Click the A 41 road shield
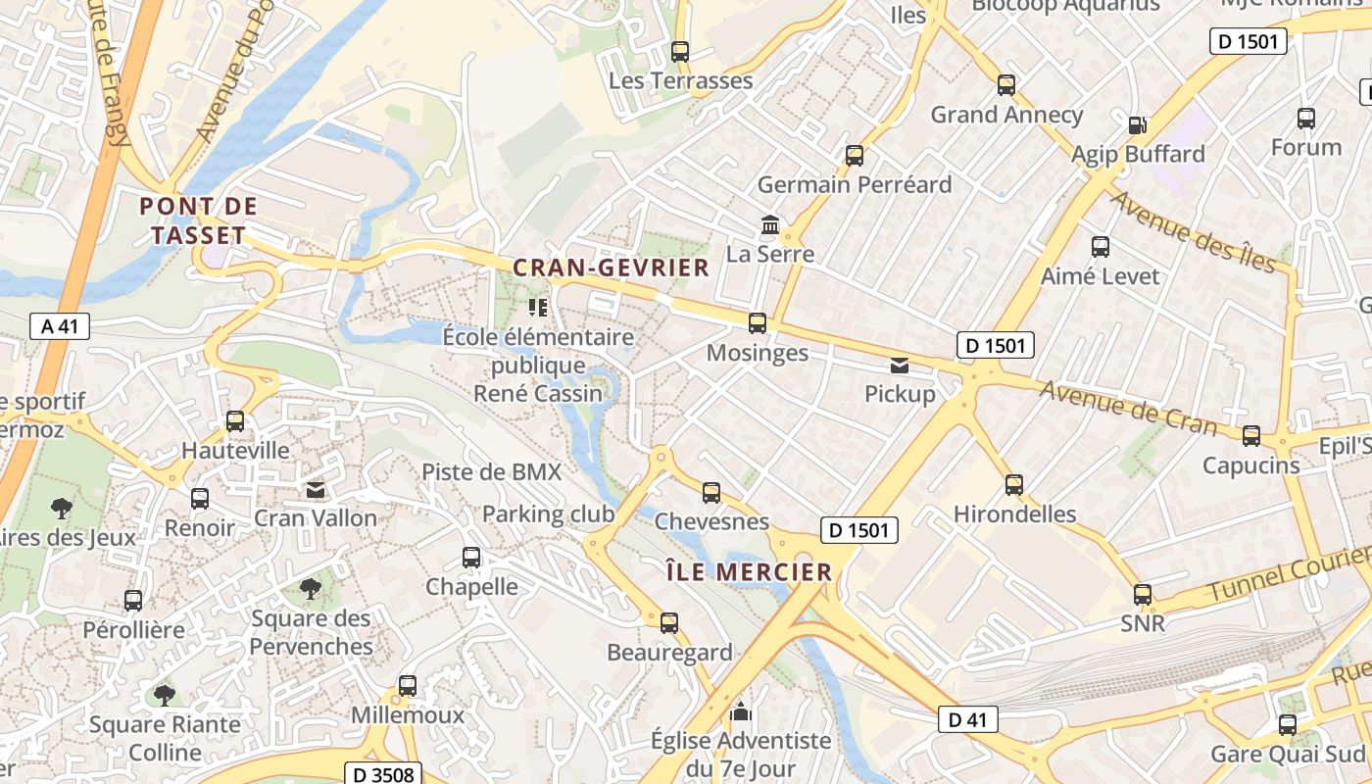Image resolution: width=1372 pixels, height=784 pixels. click(60, 326)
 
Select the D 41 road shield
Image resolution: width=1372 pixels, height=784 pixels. click(967, 719)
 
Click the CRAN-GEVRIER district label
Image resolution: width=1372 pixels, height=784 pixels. click(611, 268)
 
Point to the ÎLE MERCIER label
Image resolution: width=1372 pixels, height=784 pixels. click(748, 571)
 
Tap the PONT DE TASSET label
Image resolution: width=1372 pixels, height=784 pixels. click(199, 220)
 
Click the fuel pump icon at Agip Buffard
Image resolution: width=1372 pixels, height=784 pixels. click(1137, 124)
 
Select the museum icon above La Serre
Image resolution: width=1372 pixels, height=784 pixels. click(770, 226)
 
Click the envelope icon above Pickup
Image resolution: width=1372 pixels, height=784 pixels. click(899, 366)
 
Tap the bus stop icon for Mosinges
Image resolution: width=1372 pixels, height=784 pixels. click(757, 322)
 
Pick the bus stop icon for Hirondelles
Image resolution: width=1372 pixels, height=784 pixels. click(1014, 484)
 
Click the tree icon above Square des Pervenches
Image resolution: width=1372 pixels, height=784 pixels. click(311, 589)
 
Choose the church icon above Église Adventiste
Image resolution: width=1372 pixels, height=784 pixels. click(741, 711)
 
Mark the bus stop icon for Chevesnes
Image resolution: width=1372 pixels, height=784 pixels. click(711, 492)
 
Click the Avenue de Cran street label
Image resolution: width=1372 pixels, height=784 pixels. click(1128, 408)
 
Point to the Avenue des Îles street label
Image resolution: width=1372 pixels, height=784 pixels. click(1193, 231)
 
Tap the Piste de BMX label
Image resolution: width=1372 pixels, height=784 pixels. click(492, 471)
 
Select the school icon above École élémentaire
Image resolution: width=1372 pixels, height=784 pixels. click(537, 308)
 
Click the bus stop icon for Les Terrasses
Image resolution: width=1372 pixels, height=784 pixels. click(680, 51)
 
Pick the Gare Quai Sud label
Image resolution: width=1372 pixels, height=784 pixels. click(1288, 755)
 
